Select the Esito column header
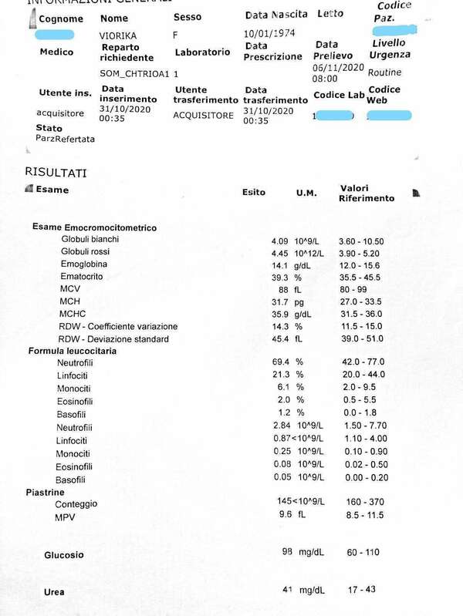click(x=254, y=192)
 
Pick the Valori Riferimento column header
click(x=367, y=193)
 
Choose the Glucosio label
click(x=64, y=554)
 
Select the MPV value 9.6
click(x=285, y=514)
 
